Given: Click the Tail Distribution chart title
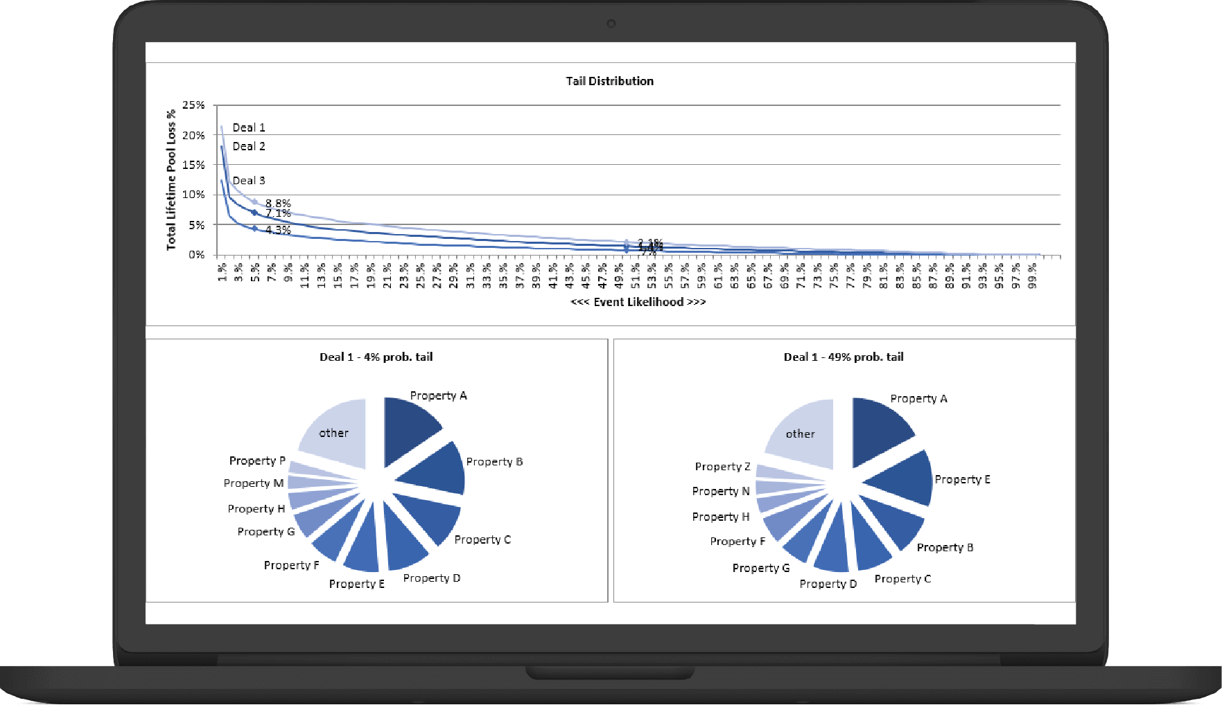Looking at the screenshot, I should click(x=609, y=81).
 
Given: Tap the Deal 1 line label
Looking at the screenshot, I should click(x=248, y=127).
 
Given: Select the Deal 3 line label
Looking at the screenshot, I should click(x=248, y=181).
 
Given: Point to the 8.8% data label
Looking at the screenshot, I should click(x=278, y=203).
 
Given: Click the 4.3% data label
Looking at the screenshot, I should click(x=278, y=230).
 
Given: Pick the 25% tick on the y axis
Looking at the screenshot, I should click(x=193, y=105).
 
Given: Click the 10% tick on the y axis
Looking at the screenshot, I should click(x=193, y=195).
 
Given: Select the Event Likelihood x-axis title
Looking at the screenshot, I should click(x=638, y=302).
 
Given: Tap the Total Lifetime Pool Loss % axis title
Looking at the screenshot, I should click(x=171, y=179).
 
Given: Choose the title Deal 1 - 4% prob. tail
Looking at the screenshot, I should click(x=376, y=357).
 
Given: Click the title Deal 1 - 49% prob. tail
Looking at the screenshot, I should click(x=843, y=357).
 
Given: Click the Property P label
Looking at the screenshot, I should click(x=257, y=461).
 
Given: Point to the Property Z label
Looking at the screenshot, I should click(x=722, y=467).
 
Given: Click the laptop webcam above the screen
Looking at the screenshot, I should click(x=611, y=24).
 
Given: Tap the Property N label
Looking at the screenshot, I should click(x=720, y=491).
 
